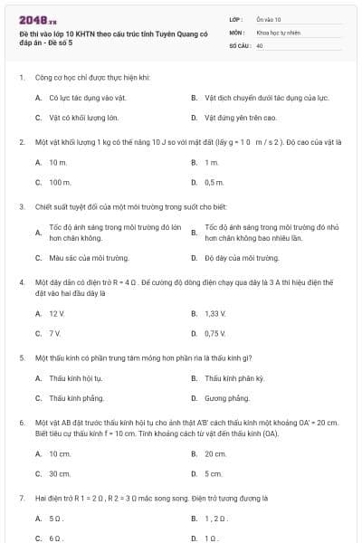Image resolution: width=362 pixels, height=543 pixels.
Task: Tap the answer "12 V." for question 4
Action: tap(58, 313)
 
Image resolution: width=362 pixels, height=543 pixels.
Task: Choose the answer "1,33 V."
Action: tap(214, 313)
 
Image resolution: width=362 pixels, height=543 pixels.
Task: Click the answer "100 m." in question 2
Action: tap(60, 182)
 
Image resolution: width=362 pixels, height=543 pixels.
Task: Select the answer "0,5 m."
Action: tap(214, 182)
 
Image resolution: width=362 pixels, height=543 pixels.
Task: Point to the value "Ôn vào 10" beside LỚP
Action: tap(269, 18)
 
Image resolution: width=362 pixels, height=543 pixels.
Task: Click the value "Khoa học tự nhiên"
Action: tap(276, 31)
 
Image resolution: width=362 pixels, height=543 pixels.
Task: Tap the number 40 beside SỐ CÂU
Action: tap(260, 43)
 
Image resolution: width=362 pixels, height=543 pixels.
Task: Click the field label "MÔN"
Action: tap(236, 31)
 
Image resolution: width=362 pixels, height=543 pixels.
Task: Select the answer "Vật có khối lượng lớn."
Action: tap(83, 118)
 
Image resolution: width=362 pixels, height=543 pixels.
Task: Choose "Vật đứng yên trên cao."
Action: tap(240, 118)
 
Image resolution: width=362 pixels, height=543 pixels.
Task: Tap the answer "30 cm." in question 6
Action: tap(60, 473)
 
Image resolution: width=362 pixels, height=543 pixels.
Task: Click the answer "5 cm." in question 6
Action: tap(214, 473)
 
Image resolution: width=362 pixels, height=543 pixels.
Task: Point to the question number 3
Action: tap(21, 206)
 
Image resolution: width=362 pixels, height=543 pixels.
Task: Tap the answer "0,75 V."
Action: tap(214, 333)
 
